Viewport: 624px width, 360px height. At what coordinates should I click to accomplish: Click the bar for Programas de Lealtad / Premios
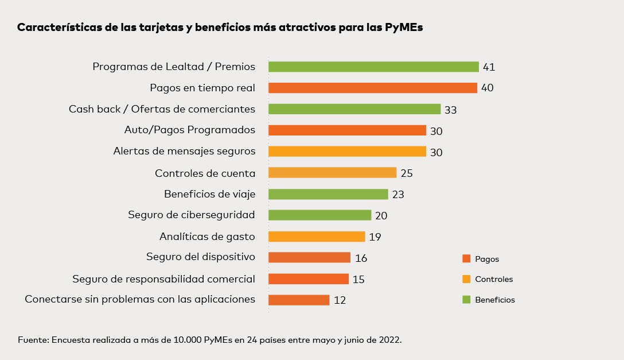point(373,67)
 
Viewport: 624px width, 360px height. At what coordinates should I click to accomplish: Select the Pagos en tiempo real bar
point(373,88)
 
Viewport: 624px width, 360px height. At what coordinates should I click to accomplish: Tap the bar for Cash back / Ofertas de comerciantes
point(354,109)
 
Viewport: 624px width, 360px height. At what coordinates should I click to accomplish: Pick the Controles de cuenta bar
point(332,173)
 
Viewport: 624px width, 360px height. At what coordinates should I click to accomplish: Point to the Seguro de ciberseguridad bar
point(320,215)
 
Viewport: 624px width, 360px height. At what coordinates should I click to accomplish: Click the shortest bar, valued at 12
point(299,300)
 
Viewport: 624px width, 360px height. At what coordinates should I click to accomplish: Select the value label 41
point(489,67)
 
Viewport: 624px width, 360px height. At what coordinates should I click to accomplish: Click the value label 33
point(450,110)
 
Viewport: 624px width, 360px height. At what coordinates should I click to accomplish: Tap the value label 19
point(375,237)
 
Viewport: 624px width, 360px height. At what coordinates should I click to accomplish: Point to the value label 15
point(358,280)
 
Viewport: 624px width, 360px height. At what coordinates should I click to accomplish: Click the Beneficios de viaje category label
point(209,194)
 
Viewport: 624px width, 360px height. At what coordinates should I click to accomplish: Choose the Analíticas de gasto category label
point(207,236)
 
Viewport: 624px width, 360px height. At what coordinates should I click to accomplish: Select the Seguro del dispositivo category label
point(201,257)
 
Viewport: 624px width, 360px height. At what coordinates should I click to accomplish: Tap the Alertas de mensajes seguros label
point(184,152)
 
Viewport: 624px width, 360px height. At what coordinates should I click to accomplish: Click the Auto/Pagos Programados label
point(190,130)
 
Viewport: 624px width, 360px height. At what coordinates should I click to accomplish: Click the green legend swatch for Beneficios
point(466,300)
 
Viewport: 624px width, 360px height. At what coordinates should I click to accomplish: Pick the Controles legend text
point(494,280)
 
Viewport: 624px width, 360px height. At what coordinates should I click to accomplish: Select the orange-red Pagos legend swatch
point(466,259)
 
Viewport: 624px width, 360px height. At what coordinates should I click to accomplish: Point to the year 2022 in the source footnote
point(389,340)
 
